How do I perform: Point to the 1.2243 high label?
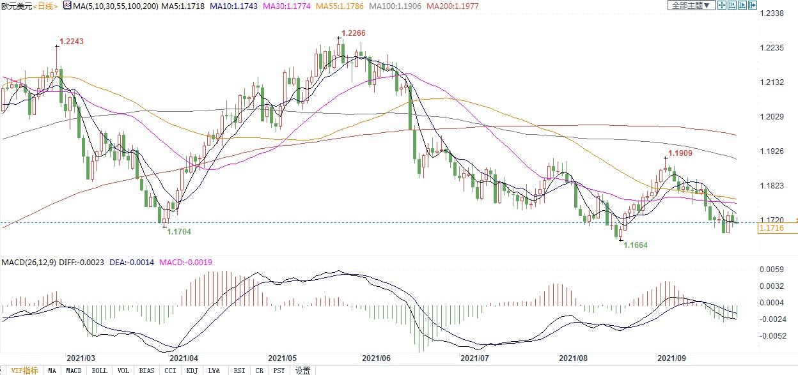point(72,42)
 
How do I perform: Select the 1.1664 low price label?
point(635,245)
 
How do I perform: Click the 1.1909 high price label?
point(680,153)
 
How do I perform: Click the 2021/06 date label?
point(375,359)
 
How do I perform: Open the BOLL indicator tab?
point(99,371)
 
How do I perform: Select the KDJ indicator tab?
point(192,371)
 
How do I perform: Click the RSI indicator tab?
point(239,371)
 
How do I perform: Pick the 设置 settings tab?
point(302,371)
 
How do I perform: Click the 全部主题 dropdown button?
point(690,5)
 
